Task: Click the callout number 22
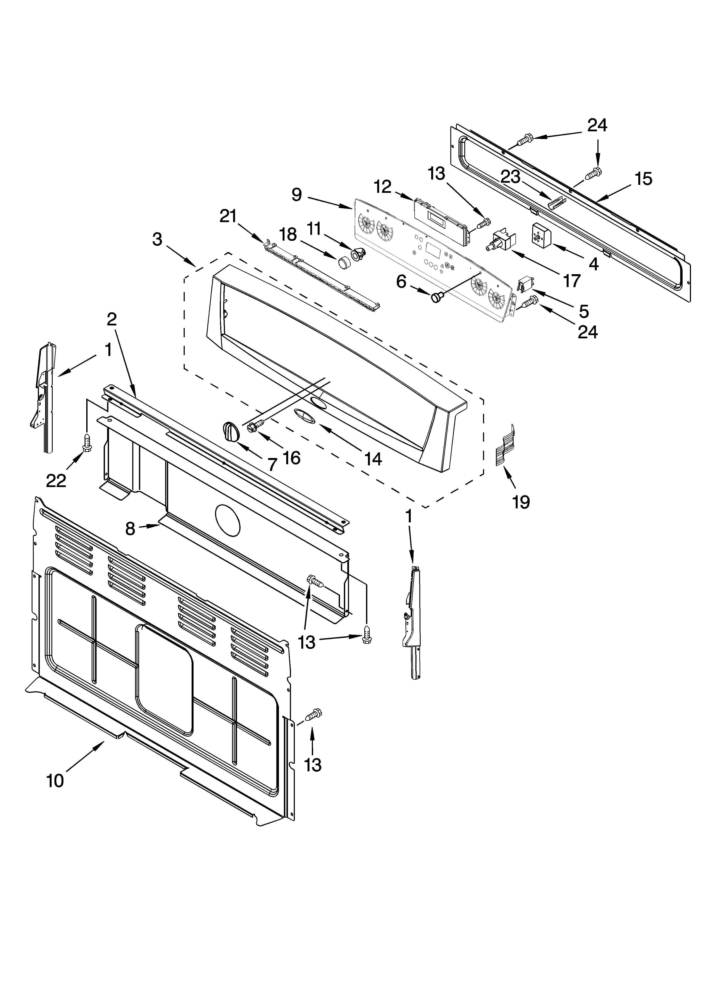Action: pos(56,481)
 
